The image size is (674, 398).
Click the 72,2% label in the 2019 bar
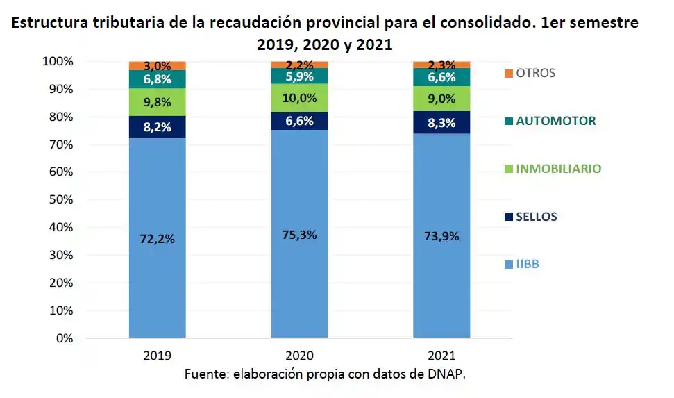157,239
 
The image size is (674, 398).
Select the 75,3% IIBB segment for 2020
299,235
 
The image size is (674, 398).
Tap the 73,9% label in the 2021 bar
441,236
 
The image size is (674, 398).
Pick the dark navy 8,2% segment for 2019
157,127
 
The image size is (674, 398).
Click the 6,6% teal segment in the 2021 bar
441,78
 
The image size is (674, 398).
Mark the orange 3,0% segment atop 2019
157,65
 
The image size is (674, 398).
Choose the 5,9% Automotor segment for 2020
299,76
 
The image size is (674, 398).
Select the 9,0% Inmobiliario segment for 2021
441,99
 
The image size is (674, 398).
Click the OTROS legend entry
534,73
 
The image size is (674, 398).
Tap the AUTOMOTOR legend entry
555,121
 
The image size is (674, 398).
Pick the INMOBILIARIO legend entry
557,169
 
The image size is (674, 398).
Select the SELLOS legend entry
536,217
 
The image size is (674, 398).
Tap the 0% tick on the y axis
64,339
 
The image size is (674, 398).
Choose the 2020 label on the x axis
299,354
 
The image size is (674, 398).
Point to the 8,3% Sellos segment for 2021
441,122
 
